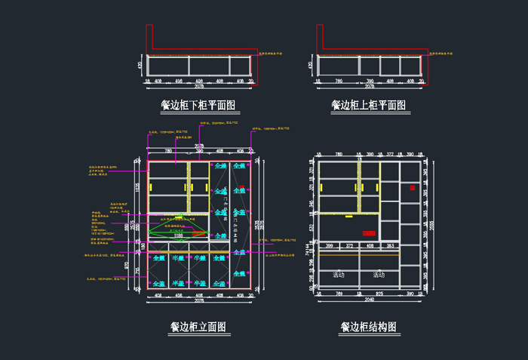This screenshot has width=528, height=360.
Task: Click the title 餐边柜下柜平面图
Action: tap(198, 106)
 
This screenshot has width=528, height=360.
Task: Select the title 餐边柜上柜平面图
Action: tap(368, 106)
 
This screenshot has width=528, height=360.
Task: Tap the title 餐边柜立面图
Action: tap(198, 328)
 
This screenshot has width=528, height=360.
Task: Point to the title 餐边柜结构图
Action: tap(368, 328)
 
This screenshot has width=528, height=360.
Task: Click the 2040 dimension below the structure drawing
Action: tap(369, 300)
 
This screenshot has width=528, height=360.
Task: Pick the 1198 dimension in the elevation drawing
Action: tap(179, 236)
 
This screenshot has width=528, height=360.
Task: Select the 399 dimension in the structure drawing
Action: tap(330, 246)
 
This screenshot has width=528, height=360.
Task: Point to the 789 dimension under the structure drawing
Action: tap(339, 293)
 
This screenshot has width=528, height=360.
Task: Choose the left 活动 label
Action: tap(339, 275)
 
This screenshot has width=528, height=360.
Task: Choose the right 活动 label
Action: tap(379, 275)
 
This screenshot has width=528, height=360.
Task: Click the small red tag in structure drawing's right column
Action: tap(412, 186)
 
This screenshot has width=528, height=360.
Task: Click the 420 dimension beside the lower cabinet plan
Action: tap(140, 66)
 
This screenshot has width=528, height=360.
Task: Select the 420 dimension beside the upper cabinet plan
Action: tap(310, 66)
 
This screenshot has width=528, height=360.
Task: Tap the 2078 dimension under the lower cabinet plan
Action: tap(199, 88)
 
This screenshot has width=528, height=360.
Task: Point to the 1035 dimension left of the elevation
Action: tap(137, 187)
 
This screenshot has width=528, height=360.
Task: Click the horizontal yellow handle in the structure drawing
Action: tap(348, 216)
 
